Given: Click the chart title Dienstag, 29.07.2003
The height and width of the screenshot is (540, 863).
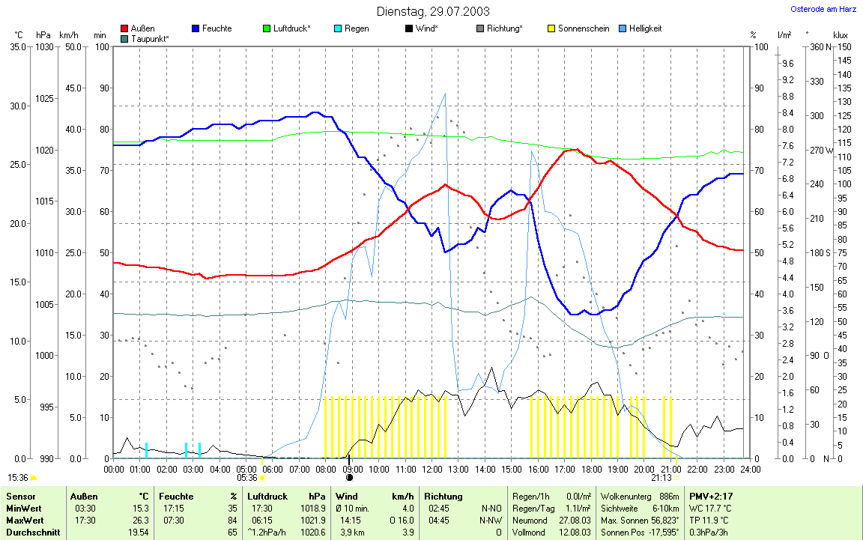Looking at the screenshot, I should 432,11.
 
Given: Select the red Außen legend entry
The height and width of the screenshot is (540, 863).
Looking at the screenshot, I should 142,28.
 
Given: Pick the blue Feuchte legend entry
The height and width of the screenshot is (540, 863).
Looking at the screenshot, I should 216,28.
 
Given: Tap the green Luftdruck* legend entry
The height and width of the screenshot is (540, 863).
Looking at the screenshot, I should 291,28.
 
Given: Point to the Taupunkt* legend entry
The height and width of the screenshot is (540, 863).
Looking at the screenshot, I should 149,38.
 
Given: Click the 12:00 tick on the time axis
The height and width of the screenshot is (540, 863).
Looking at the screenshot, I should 432,469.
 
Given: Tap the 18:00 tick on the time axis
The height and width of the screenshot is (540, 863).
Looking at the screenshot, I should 591,469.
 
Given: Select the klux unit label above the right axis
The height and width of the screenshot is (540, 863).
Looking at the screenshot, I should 840,35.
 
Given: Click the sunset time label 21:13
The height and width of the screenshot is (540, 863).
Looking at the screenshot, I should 661,477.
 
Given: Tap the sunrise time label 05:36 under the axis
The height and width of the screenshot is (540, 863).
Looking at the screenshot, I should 247,477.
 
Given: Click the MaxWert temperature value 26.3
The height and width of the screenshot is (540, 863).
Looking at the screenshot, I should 139,521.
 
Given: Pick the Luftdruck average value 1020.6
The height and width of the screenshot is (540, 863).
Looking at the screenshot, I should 315,533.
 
